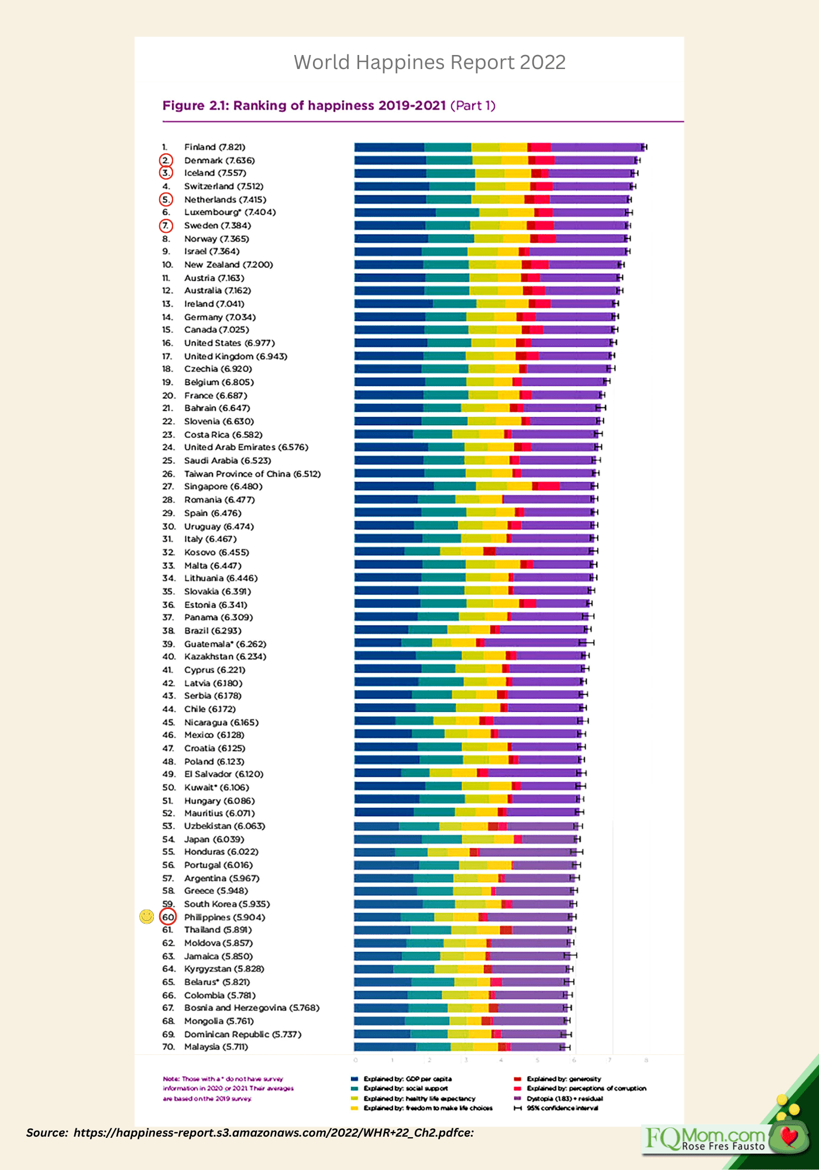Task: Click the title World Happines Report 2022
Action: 429,62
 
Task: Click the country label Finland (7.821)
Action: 215,147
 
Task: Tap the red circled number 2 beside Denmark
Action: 167,160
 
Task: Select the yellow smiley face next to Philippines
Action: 147,917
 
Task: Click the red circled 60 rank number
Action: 168,917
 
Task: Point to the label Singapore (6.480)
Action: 223,486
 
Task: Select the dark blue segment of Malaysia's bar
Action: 384,1047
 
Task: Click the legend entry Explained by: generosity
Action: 563,1079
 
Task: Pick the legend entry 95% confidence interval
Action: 562,1107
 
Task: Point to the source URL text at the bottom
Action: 250,1133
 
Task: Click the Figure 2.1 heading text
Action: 329,105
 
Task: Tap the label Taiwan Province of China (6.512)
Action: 252,473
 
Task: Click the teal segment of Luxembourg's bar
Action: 457,212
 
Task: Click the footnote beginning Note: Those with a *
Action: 228,1088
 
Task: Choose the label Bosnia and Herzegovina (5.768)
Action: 252,1007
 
